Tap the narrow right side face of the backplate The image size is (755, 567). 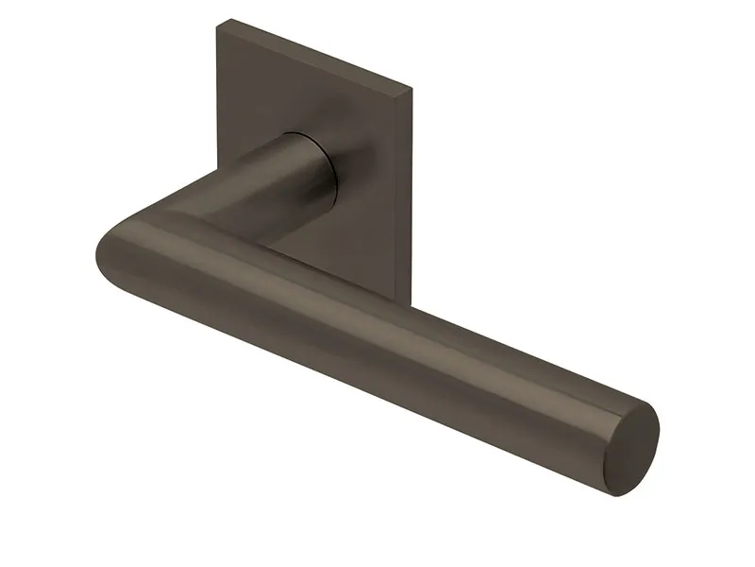[409, 189]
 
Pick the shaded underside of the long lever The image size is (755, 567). [377, 378]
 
